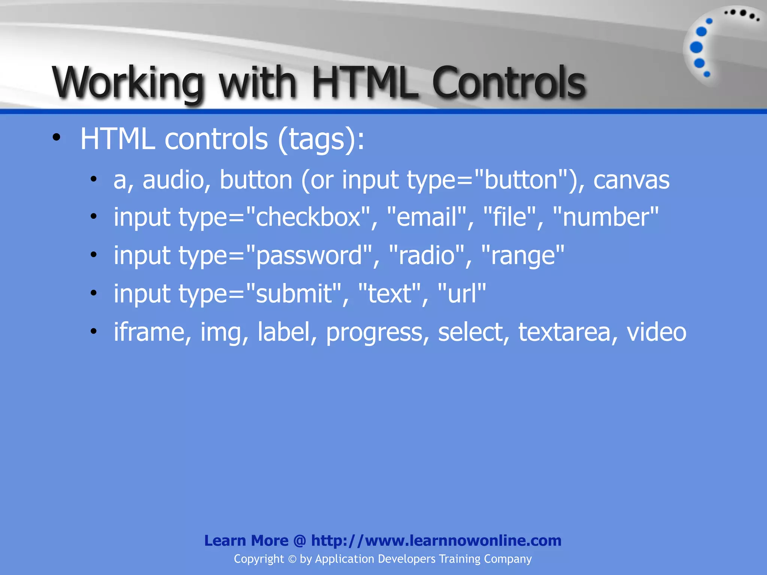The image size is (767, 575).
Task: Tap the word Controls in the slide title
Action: (509, 82)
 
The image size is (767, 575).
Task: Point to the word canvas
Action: (631, 180)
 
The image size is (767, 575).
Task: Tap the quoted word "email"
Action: (427, 217)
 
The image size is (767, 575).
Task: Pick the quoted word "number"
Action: (605, 217)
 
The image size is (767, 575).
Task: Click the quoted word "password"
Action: (309, 256)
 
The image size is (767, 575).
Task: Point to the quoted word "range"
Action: (522, 256)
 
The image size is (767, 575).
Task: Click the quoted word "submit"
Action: (294, 293)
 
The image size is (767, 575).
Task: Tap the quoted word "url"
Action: (461, 293)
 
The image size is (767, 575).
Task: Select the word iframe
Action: (149, 332)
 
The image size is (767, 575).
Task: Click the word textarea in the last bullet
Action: (564, 332)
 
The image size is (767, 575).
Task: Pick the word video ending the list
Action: (656, 332)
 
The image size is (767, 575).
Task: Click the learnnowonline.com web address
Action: (436, 541)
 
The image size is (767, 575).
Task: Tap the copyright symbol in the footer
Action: (292, 559)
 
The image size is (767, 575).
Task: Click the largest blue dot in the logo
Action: (696, 48)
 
